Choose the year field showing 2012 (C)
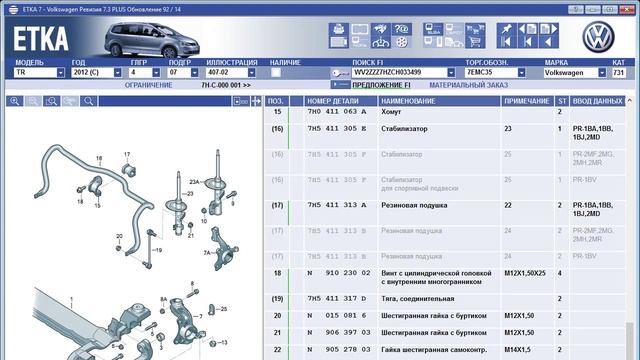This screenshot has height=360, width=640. pyautogui.click(x=93, y=73)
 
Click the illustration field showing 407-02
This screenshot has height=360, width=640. pyautogui.click(x=228, y=73)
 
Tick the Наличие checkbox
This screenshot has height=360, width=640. pyautogui.click(x=276, y=73)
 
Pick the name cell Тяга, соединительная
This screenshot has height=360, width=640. pyautogui.click(x=418, y=299)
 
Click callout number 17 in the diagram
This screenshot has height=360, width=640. pyautogui.click(x=127, y=154)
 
